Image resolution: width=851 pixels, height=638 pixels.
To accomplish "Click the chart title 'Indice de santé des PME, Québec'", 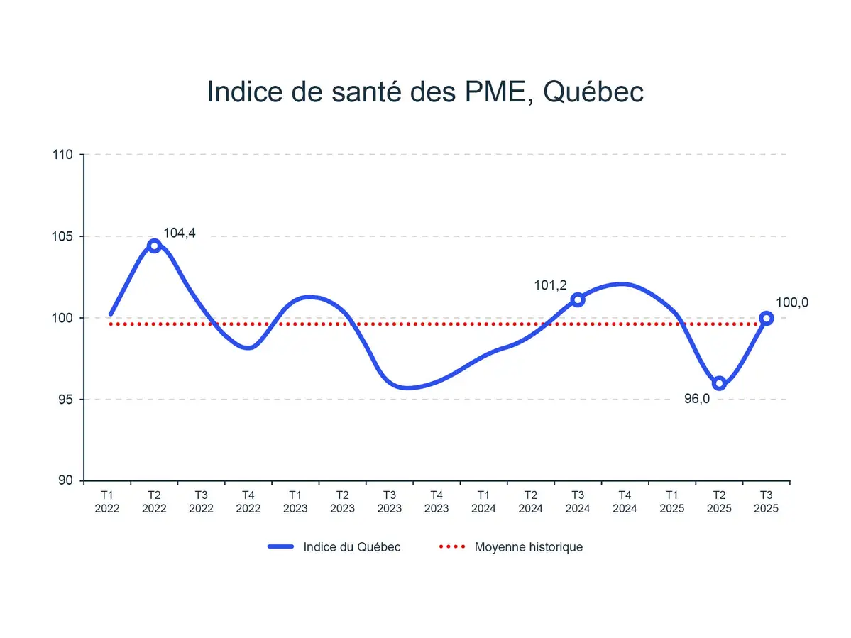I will tap(425, 92).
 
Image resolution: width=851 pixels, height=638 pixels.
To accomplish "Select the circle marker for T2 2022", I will tap(154, 246).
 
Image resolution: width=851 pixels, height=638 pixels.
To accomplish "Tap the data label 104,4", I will tap(180, 233).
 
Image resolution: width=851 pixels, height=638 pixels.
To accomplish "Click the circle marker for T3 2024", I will tap(578, 299).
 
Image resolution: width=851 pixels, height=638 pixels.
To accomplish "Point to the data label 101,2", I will tap(550, 285).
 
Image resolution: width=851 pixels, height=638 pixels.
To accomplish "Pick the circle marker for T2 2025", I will tap(719, 383).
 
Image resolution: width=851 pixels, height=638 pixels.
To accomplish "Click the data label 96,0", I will tap(697, 399).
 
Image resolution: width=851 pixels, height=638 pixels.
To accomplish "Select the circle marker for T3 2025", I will tap(767, 318).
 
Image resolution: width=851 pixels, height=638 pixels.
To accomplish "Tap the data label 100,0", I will tap(792, 302).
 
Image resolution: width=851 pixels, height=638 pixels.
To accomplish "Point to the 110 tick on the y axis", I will tap(69, 155).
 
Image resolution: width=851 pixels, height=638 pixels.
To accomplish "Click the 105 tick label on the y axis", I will tap(69, 236).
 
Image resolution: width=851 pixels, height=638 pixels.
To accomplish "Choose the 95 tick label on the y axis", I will tap(72, 400).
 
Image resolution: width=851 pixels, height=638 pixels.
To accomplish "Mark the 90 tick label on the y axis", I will tap(72, 481).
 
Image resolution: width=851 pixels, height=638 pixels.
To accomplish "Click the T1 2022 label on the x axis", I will tap(107, 501).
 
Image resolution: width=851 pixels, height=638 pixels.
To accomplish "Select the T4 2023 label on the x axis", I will tap(437, 501).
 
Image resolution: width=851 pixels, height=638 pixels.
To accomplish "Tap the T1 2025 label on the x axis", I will tap(672, 501).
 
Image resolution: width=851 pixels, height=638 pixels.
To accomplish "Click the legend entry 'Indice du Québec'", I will tap(351, 547).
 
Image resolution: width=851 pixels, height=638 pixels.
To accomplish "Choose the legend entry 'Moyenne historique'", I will tap(528, 547).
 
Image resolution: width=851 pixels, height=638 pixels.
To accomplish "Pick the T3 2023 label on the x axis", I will tap(390, 501).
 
